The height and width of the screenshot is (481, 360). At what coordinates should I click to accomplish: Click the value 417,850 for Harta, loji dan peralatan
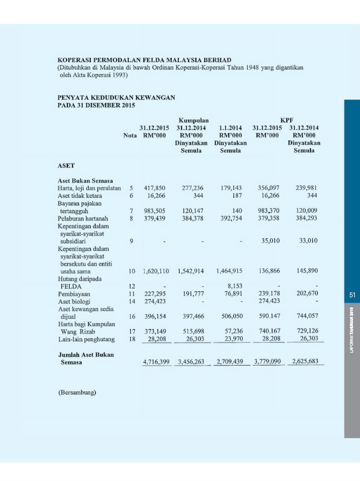click(154, 188)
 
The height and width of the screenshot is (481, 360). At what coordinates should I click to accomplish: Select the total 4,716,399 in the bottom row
click(155, 362)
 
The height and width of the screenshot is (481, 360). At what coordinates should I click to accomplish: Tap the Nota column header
click(130, 136)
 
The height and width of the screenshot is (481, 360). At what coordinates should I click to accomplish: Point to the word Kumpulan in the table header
click(193, 121)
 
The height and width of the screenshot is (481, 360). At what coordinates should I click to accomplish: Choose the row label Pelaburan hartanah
click(83, 218)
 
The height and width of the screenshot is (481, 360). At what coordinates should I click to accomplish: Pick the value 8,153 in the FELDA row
click(235, 286)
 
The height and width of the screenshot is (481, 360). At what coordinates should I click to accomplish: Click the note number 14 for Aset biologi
click(131, 301)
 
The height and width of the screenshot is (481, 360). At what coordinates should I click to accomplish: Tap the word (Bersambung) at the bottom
click(77, 393)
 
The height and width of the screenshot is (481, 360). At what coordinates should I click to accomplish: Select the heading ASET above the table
click(66, 166)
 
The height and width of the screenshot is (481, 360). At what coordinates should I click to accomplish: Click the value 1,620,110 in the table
click(155, 271)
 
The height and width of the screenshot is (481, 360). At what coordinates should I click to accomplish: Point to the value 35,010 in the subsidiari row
click(271, 241)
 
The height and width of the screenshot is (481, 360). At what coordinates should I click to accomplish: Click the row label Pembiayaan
click(74, 294)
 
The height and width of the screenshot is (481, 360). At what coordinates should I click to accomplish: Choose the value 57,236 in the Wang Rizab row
click(231, 331)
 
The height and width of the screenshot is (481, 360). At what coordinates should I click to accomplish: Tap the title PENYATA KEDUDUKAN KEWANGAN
click(116, 98)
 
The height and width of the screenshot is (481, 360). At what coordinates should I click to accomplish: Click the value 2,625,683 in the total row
click(306, 362)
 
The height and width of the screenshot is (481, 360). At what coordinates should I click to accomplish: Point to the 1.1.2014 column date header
click(230, 128)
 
